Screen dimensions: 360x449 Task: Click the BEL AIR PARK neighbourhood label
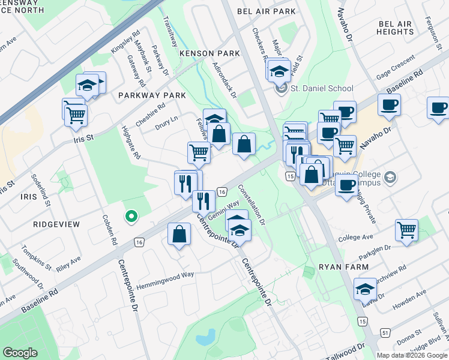click(x=266, y=11)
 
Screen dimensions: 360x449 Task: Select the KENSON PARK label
click(x=209, y=53)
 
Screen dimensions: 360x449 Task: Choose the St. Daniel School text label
click(x=322, y=88)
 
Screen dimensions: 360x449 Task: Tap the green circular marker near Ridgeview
click(x=130, y=216)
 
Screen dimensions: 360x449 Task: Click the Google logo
click(x=20, y=353)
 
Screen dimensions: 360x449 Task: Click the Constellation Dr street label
click(x=251, y=204)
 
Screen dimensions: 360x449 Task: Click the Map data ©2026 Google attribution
click(x=412, y=355)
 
